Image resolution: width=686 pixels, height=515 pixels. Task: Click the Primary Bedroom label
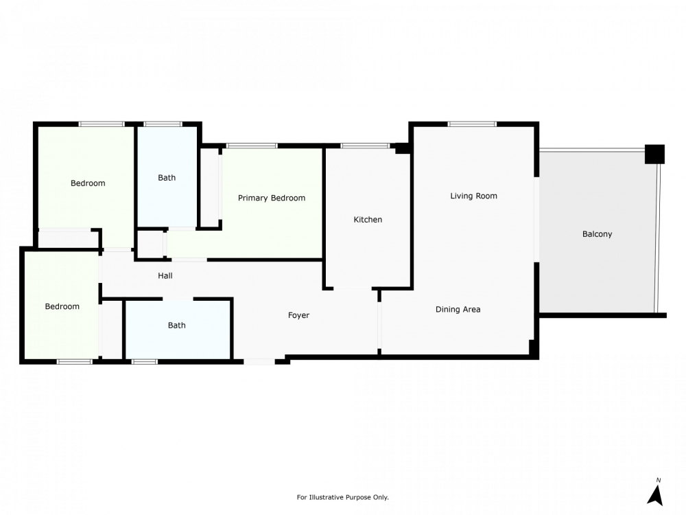click(x=271, y=198)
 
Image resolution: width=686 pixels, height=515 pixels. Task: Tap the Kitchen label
click(x=368, y=220)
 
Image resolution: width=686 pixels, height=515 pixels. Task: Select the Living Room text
click(x=474, y=196)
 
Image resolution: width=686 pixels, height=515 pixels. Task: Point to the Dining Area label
click(x=458, y=309)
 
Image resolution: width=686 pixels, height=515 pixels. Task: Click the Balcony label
click(x=597, y=234)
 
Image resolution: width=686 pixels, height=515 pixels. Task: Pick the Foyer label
click(x=298, y=315)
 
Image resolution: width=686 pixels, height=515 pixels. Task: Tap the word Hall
click(x=165, y=275)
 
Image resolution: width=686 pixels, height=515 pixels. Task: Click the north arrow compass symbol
click(x=655, y=492)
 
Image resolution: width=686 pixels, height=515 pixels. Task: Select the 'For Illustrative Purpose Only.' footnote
click(x=342, y=497)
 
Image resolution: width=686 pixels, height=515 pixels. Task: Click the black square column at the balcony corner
click(x=655, y=154)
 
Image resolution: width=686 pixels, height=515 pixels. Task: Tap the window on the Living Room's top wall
click(x=472, y=124)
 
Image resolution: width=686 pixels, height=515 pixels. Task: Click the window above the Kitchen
click(x=366, y=146)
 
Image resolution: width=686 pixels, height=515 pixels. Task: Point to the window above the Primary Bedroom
click(x=252, y=146)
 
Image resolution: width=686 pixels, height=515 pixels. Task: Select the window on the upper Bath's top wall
click(x=163, y=124)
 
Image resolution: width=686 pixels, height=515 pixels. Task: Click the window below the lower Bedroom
click(x=74, y=362)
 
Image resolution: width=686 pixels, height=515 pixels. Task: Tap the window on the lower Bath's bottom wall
click(x=144, y=362)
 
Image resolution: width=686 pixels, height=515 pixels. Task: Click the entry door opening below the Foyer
click(x=259, y=362)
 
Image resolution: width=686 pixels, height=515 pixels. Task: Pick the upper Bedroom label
click(x=88, y=183)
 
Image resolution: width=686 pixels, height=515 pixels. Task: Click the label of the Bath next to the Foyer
click(x=177, y=325)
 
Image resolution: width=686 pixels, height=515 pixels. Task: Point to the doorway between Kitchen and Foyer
click(x=353, y=288)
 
